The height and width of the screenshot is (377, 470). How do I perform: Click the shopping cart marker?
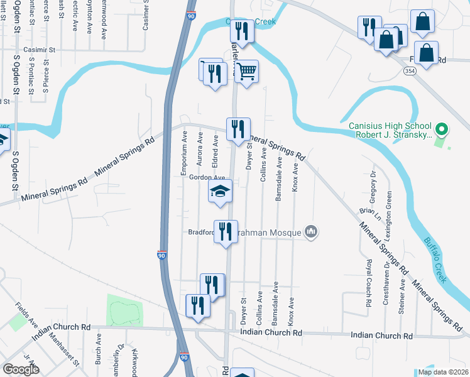coord(248,71)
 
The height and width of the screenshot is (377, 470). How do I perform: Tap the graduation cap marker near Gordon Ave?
coord(221,191)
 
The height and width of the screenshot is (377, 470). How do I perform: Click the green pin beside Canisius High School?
coord(441,130)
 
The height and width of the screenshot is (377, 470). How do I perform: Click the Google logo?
coord(21,369)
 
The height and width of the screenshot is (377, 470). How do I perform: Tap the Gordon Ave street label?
coord(207,178)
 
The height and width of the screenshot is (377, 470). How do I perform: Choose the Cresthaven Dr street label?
coord(385,289)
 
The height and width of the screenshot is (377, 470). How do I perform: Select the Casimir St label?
coord(40,49)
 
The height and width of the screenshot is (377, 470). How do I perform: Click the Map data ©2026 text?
coord(442,372)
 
